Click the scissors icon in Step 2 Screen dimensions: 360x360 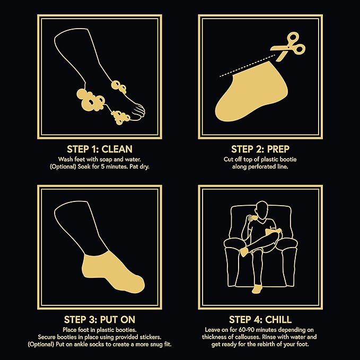pyautogui.click(x=287, y=47)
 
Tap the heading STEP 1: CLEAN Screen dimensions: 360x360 pyautogui.click(x=100, y=149)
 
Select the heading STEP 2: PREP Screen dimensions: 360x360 pyautogui.click(x=260, y=149)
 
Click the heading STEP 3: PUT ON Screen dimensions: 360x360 pyautogui.click(x=100, y=320)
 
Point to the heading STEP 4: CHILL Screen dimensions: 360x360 pyautogui.click(x=260, y=320)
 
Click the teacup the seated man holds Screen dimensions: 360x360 pyautogui.click(x=253, y=218)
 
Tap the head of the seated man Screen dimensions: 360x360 pyautogui.click(x=262, y=209)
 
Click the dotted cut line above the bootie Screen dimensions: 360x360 pyautogui.click(x=247, y=66)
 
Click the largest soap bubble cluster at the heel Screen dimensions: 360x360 pyautogui.click(x=91, y=100)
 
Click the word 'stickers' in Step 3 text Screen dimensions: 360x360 pyautogui.click(x=150, y=337)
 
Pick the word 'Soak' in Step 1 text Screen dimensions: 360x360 pyautogui.click(x=84, y=166)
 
